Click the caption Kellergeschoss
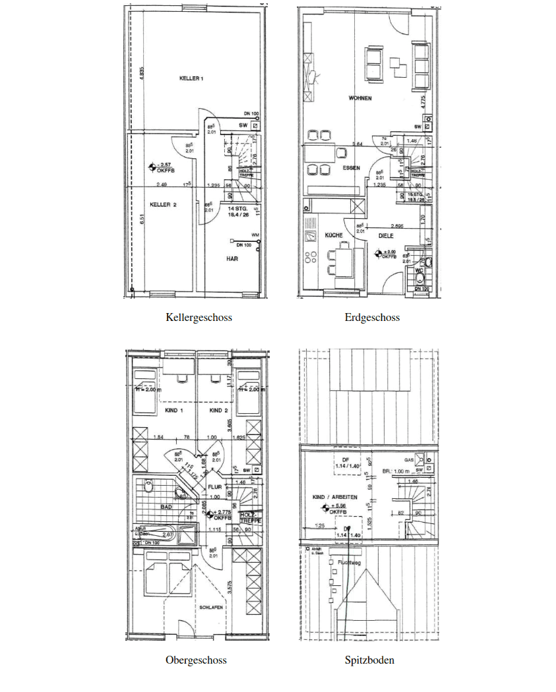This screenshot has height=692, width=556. pyautogui.click(x=199, y=318)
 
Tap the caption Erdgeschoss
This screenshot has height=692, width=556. pyautogui.click(x=372, y=318)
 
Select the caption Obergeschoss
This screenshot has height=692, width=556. pyautogui.click(x=196, y=660)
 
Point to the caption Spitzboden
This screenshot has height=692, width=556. pyautogui.click(x=369, y=660)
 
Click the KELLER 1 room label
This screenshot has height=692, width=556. pyautogui.click(x=191, y=78)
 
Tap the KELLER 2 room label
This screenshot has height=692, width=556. pyautogui.click(x=163, y=205)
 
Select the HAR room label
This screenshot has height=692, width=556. pyautogui.click(x=232, y=259)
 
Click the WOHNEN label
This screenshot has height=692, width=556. pyautogui.click(x=360, y=98)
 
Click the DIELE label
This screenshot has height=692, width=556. pyautogui.click(x=386, y=235)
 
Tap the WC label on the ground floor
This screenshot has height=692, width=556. pyautogui.click(x=418, y=270)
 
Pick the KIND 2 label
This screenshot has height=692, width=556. pyautogui.click(x=218, y=411)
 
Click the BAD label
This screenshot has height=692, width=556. pyautogui.click(x=166, y=507)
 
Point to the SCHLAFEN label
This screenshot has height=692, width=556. pyautogui.click(x=210, y=608)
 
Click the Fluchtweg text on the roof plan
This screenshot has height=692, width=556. pyautogui.click(x=348, y=563)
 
